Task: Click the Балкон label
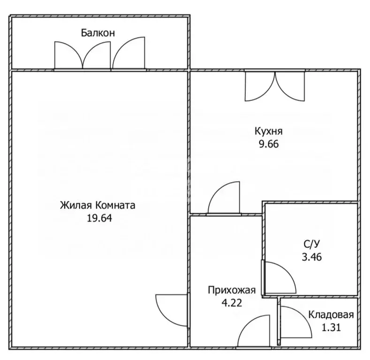click(98, 33)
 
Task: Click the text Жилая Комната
click(98, 205)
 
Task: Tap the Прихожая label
click(232, 290)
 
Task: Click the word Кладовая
click(331, 315)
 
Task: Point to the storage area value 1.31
click(331, 327)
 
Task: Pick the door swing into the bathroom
click(279, 277)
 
